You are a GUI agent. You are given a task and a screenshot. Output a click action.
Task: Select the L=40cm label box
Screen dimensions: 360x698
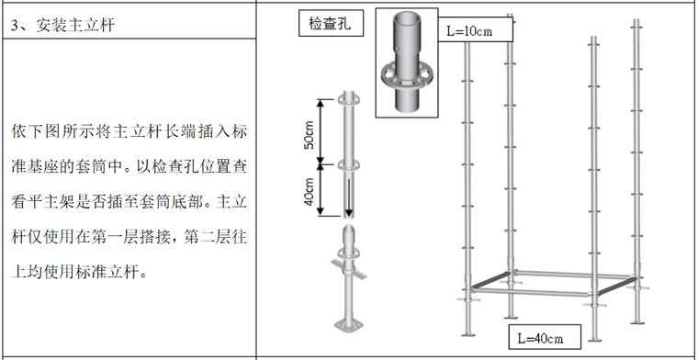[546, 338]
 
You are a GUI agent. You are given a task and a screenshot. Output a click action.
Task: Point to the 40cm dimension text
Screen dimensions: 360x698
[310, 191]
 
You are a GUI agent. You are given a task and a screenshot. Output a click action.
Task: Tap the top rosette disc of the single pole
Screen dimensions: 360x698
[349, 97]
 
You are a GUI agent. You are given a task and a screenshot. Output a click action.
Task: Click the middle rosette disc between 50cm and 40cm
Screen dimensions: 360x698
[349, 164]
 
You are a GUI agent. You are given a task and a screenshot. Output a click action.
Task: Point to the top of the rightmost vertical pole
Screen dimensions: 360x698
[637, 41]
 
